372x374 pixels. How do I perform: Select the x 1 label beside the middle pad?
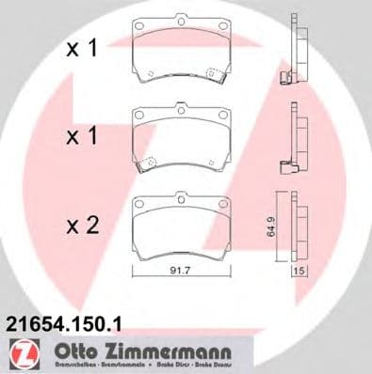[81, 137]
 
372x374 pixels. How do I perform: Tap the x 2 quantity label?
[81, 226]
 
